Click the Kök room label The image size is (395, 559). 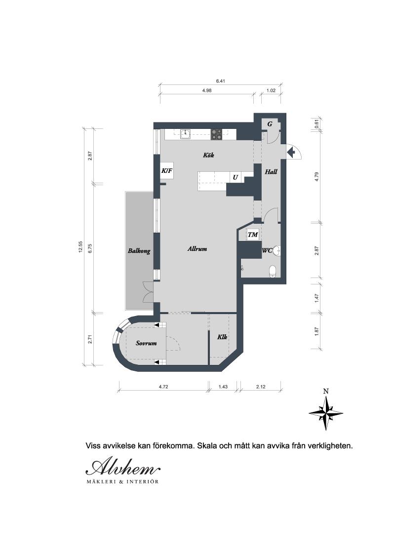[x=208, y=155]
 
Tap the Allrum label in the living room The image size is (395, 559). [x=197, y=249]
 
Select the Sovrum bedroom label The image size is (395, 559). [x=146, y=343]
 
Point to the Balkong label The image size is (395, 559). [x=139, y=251]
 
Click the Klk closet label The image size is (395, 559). [x=222, y=337]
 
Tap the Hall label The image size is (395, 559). [x=271, y=172]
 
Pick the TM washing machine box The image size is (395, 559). [x=253, y=235]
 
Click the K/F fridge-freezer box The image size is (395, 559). [x=167, y=171]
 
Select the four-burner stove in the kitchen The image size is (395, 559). [x=217, y=134]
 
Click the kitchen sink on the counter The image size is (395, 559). [x=185, y=134]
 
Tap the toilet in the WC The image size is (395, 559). [x=273, y=271]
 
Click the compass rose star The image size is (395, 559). [x=326, y=413]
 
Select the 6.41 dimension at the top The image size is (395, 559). [x=220, y=81]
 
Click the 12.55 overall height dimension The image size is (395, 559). [x=80, y=247]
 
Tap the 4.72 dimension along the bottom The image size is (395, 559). [x=163, y=387]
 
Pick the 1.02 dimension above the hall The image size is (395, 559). [x=271, y=90]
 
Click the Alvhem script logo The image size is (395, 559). [x=123, y=467]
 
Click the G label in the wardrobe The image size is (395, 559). [x=270, y=124]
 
